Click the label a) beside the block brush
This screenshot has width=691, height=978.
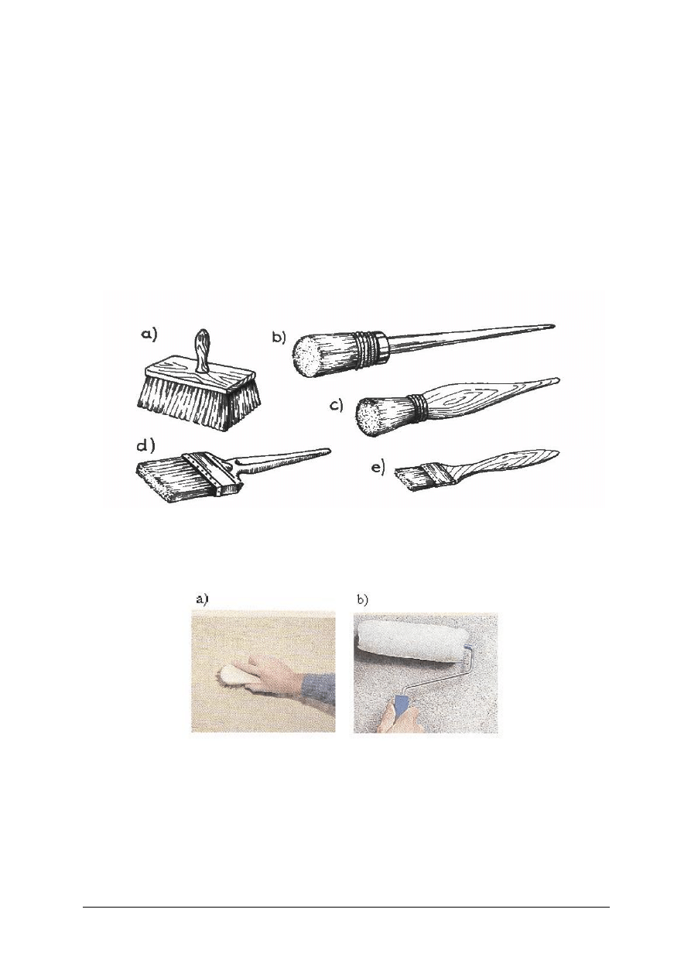[x=149, y=336]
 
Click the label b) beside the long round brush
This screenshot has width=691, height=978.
[x=279, y=338]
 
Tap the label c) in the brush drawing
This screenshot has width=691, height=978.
[x=337, y=406]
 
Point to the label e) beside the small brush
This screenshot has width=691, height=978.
[x=378, y=468]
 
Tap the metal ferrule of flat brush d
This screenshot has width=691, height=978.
[x=211, y=474]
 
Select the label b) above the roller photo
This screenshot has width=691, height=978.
[x=362, y=600]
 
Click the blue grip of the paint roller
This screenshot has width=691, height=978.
[x=401, y=705]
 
